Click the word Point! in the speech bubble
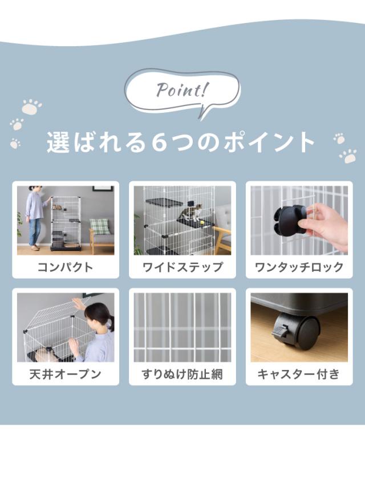pyautogui.click(x=182, y=90)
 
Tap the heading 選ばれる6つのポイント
pyautogui.click(x=181, y=142)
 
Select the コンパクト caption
pyautogui.click(x=65, y=267)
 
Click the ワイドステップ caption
pyautogui.click(x=182, y=267)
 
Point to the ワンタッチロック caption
pyautogui.click(x=299, y=267)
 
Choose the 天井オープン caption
pyautogui.click(x=65, y=374)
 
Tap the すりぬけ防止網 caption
pyautogui.click(x=182, y=374)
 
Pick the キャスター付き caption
pyautogui.click(x=299, y=374)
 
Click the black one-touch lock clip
pyautogui.click(x=289, y=219)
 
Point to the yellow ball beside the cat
pyautogui.click(x=203, y=222)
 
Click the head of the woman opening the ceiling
pyautogui.click(x=98, y=314)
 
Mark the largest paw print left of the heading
pyautogui.click(x=32, y=107)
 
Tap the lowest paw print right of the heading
pyautogui.click(x=348, y=156)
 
